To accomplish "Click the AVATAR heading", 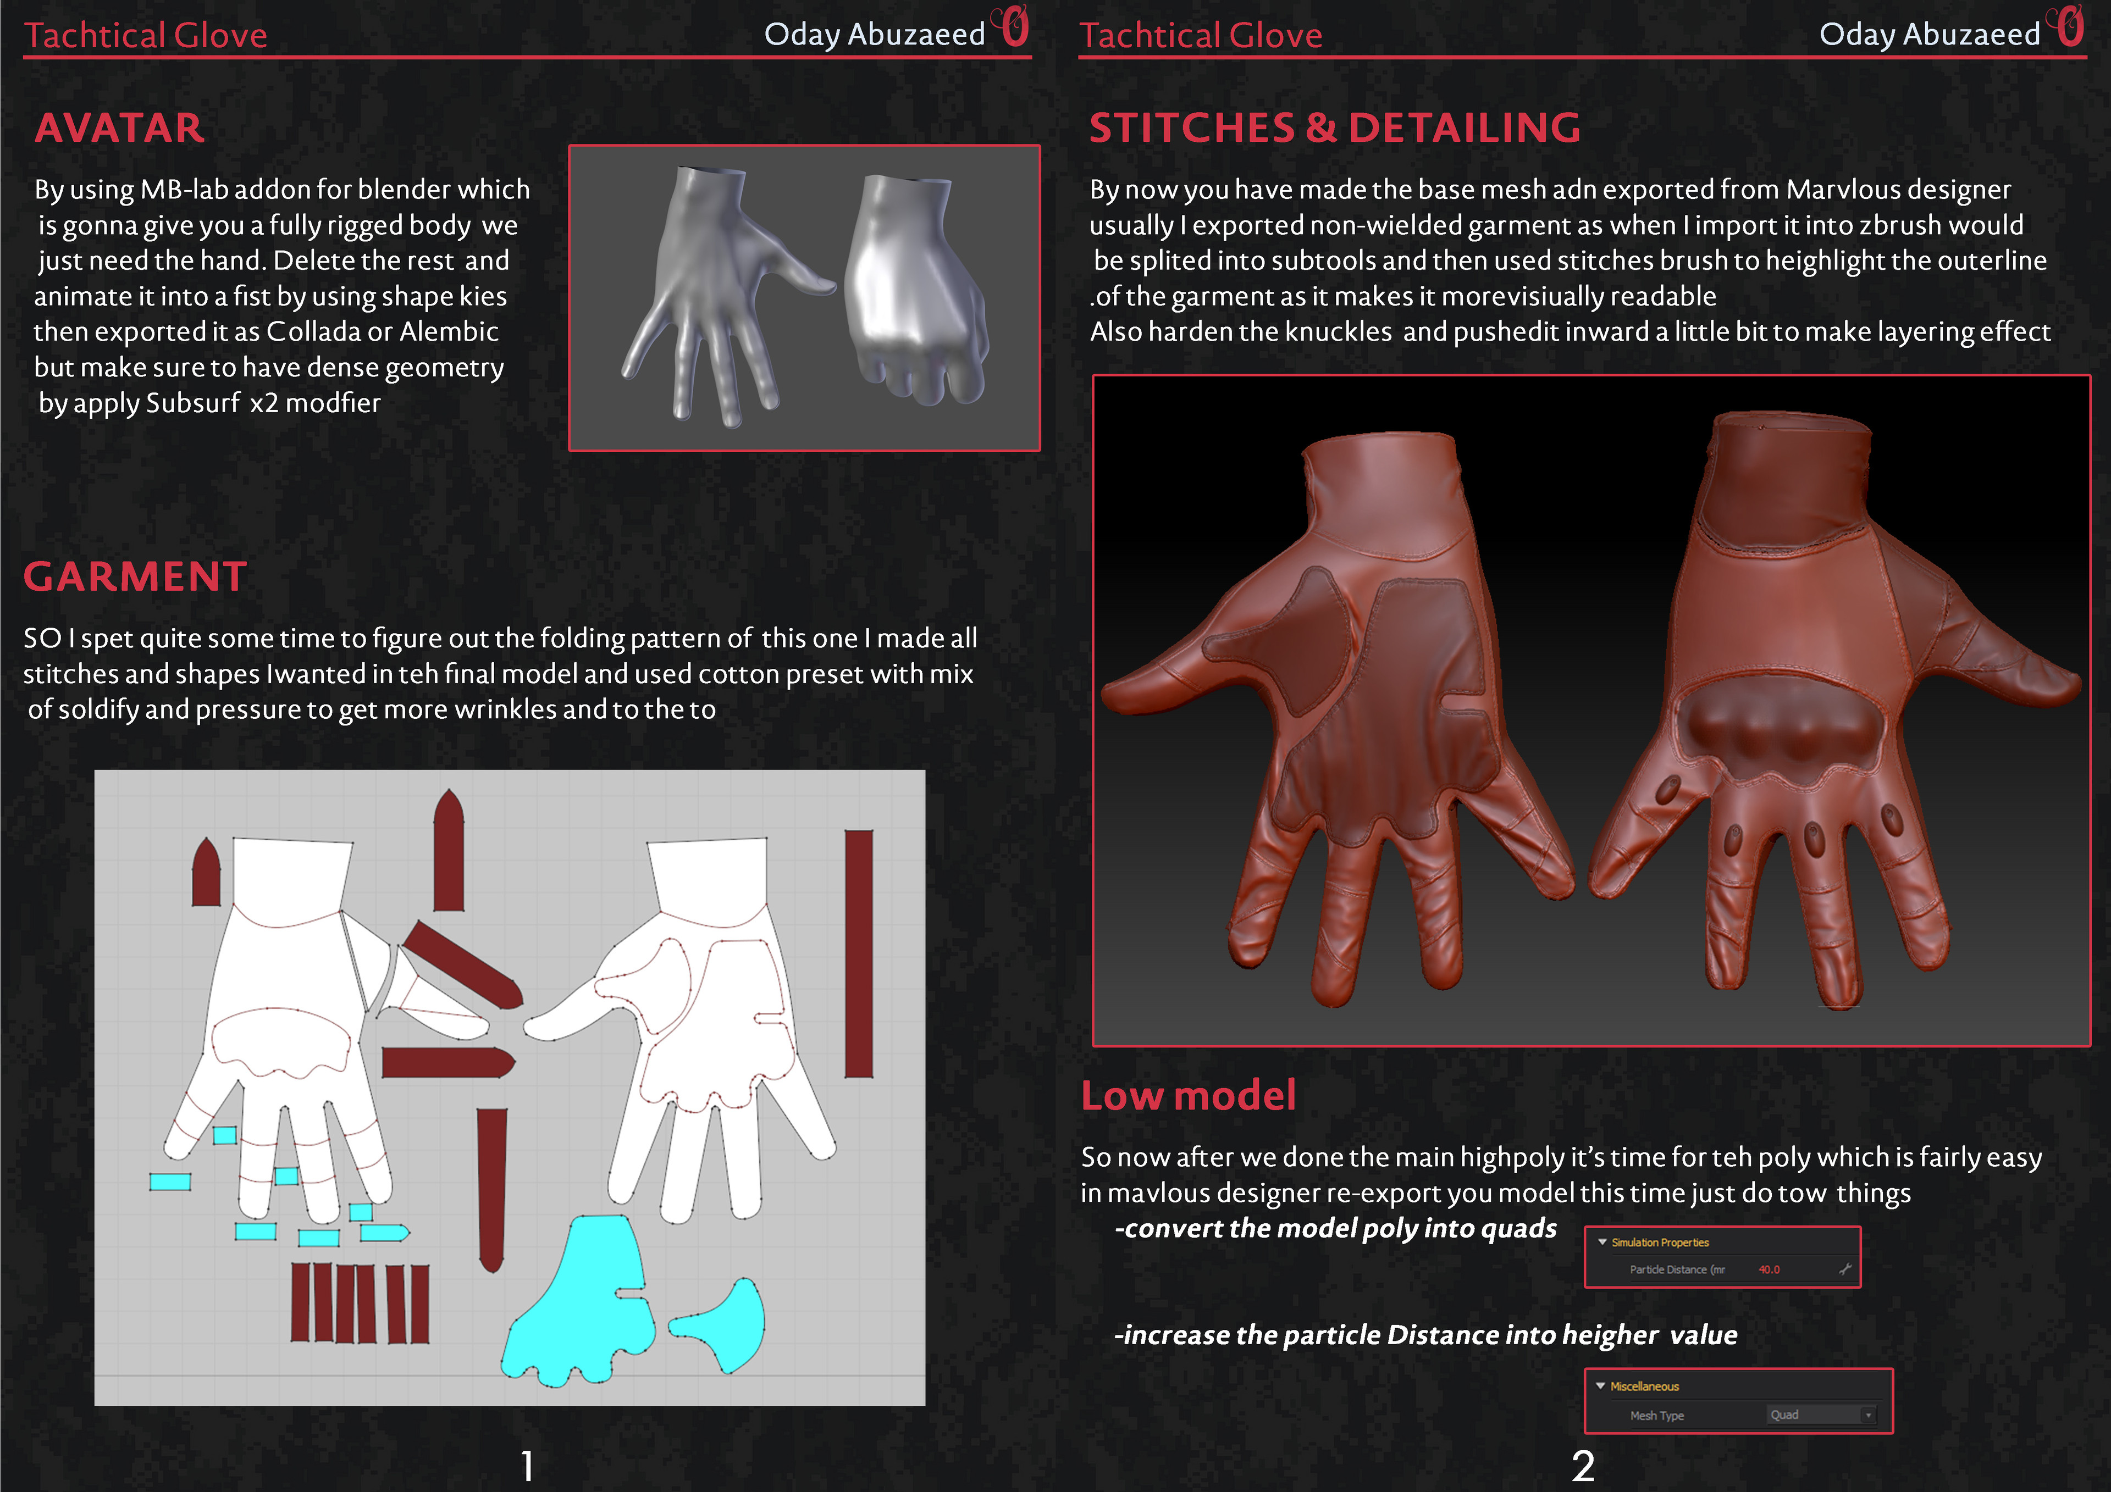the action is tap(119, 128).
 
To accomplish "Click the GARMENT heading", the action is tap(135, 576).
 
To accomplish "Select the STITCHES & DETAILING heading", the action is tap(1335, 128).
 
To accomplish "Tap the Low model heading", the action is tap(1188, 1095).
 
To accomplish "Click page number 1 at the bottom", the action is tap(527, 1465).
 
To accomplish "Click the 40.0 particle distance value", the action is tap(1769, 1269).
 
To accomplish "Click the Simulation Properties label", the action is tap(1660, 1242).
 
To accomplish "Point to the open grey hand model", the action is tap(717, 294).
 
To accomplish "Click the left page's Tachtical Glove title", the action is tap(145, 35).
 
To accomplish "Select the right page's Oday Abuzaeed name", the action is tap(1930, 34).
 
